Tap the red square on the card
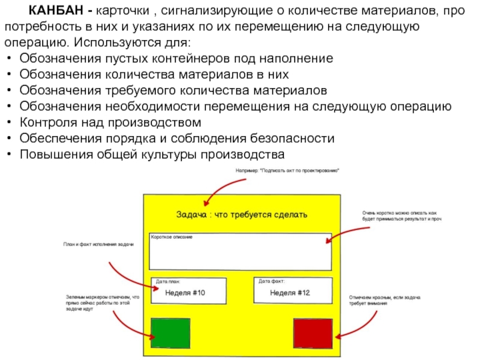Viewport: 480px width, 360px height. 313,333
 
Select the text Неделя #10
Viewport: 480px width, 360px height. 187,293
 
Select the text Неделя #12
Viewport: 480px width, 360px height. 290,293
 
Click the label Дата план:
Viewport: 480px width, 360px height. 167,281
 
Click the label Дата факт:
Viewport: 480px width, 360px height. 271,281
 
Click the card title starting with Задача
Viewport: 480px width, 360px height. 241,214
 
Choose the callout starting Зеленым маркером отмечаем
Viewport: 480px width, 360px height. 101,303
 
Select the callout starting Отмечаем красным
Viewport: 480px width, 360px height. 385,301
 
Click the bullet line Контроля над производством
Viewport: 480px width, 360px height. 110,122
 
